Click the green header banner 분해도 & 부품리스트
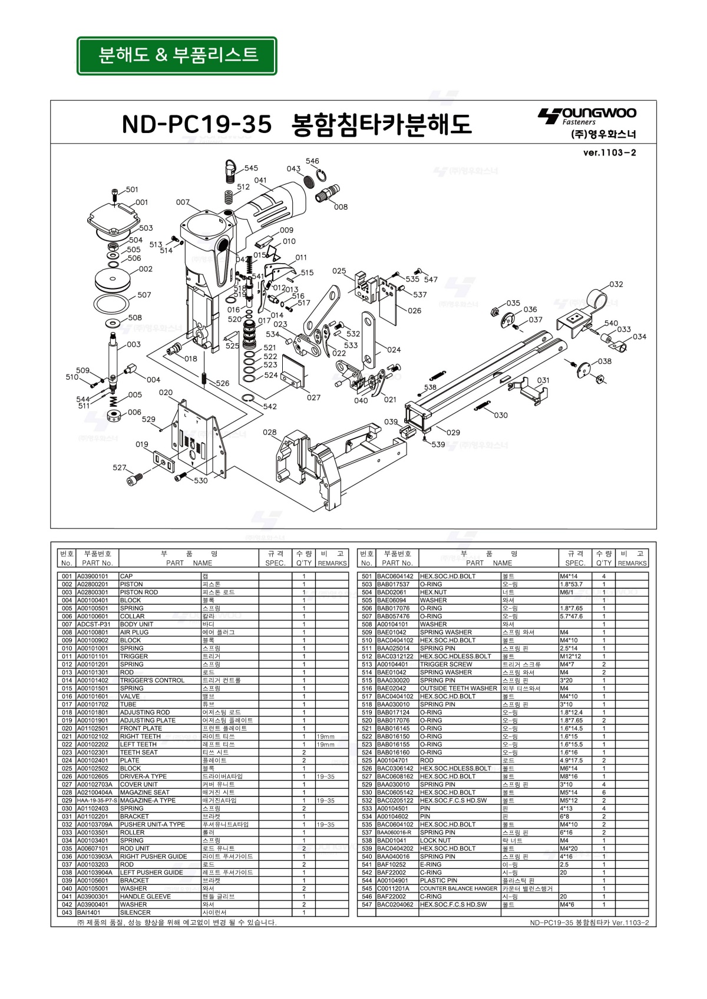pos(177,56)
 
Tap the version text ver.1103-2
pos(609,153)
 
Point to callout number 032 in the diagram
pos(616,284)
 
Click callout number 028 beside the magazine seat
pos(270,432)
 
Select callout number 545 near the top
pos(251,168)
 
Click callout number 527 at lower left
pos(120,467)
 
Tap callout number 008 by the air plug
pos(341,207)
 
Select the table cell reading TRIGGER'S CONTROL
pos(152,680)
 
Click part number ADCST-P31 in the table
pos(94,624)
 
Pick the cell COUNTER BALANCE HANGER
pos(458,888)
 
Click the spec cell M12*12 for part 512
pos(570,656)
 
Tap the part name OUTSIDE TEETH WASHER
pos(458,688)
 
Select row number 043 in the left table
pos(67,912)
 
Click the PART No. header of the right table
pos(397,563)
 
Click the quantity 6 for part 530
pos(603,792)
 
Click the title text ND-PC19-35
pos(197,124)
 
